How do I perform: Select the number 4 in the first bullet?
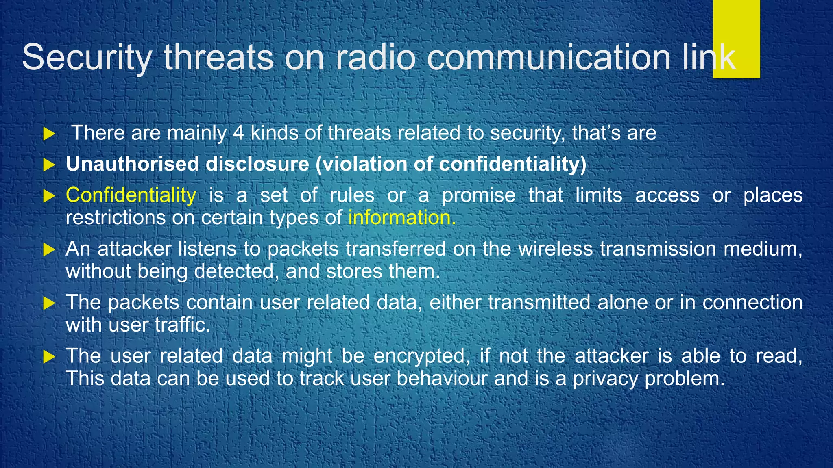tap(238, 133)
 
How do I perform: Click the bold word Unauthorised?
tap(132, 164)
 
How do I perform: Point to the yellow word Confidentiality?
tap(131, 195)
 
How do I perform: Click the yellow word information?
tap(401, 218)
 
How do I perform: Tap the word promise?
tap(479, 195)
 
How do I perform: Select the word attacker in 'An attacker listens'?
tap(134, 249)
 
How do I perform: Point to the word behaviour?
tap(442, 379)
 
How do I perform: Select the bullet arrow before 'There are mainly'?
tap(49, 134)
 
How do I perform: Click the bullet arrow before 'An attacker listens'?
tap(49, 249)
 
